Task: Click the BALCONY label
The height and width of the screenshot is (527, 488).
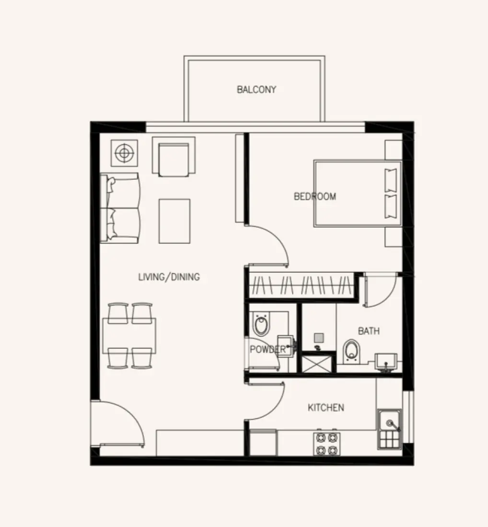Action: coord(256,90)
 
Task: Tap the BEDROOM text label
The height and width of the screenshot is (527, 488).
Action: coord(315,196)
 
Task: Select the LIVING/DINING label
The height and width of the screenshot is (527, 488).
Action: coord(169,277)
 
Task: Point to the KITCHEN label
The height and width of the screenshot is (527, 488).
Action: coord(326,408)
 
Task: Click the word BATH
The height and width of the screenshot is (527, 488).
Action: coord(369,331)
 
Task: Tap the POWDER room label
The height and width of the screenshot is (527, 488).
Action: coord(267,350)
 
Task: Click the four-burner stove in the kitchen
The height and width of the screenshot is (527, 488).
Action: coord(326,444)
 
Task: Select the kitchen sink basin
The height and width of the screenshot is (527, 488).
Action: coord(389,423)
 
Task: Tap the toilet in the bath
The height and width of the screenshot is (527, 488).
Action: coord(352,351)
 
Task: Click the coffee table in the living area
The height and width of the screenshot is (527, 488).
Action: coord(174,221)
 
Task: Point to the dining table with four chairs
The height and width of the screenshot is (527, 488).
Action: coord(129,335)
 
